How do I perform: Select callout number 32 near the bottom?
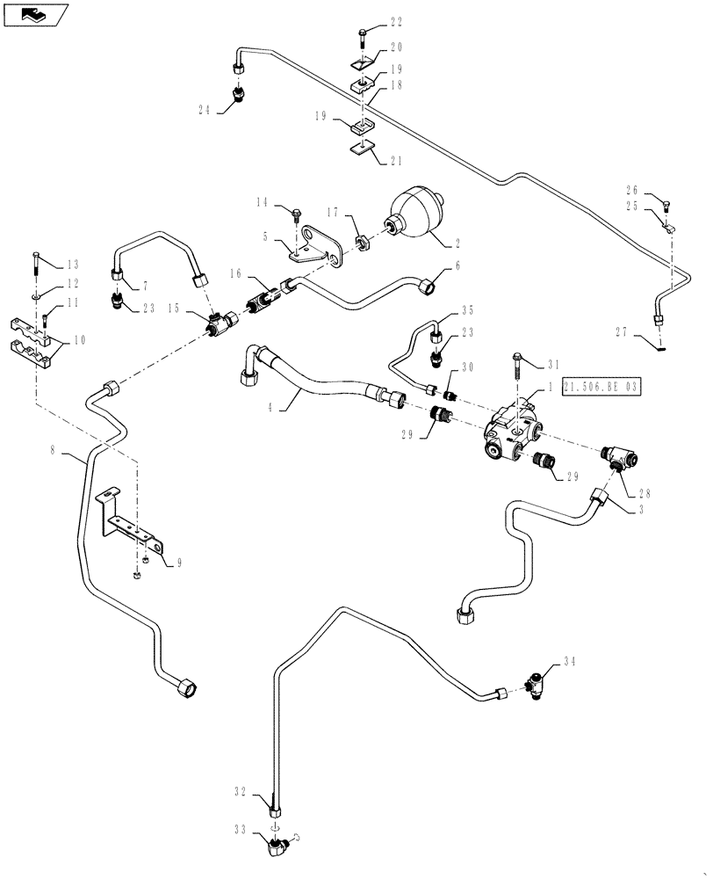[239, 790]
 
